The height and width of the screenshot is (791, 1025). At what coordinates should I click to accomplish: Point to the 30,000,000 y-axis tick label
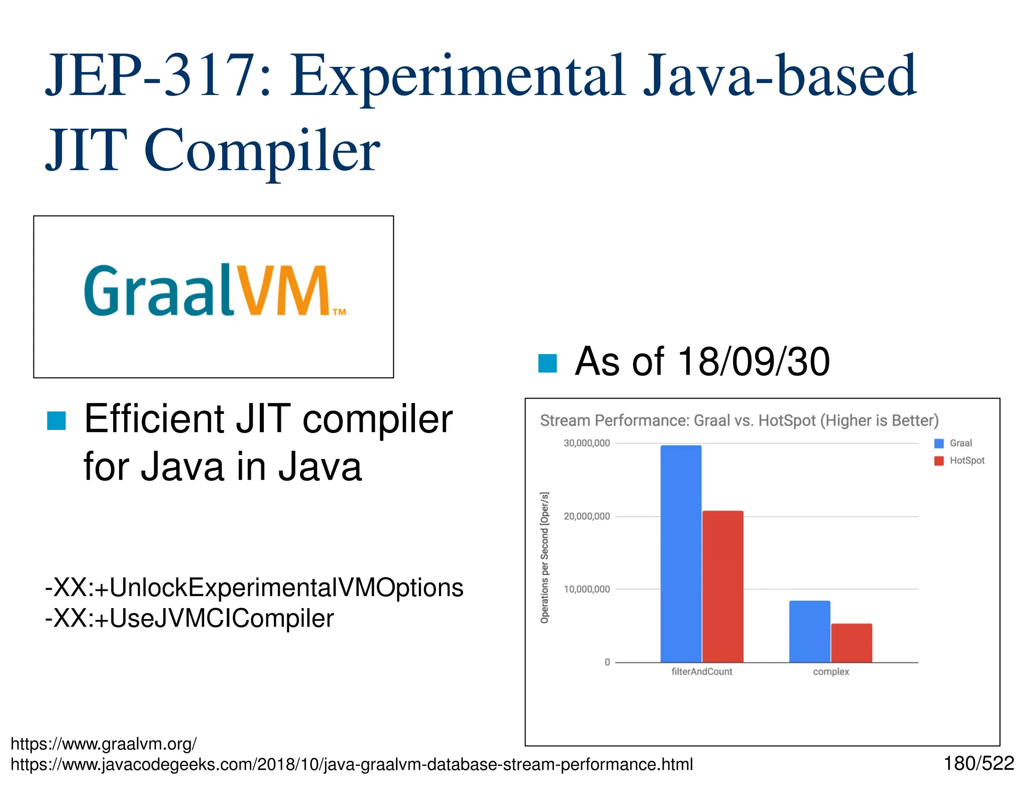[587, 443]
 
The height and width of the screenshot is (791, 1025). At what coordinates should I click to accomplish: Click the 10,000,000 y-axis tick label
[587, 589]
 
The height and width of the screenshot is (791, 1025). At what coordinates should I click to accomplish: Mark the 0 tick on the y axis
[607, 662]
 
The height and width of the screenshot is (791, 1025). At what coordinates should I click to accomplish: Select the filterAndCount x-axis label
[702, 671]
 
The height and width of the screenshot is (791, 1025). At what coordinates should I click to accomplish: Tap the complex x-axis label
[831, 671]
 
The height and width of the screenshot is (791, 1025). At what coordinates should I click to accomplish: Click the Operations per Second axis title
[545, 557]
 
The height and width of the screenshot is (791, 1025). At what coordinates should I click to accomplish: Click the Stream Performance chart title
[739, 420]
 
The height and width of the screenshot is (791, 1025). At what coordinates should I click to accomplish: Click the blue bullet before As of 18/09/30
[547, 363]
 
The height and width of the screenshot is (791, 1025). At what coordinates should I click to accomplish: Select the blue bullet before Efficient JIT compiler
[56, 421]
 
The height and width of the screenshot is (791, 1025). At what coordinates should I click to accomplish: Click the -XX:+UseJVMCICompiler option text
[189, 618]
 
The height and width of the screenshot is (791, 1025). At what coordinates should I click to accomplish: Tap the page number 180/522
[978, 763]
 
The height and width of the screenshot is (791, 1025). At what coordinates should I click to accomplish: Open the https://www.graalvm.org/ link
[104, 744]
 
